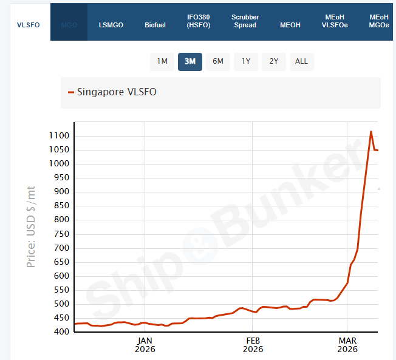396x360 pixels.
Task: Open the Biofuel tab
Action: click(155, 25)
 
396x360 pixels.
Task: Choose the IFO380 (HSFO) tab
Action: click(199, 21)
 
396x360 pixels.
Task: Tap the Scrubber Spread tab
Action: click(245, 21)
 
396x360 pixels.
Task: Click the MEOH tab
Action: click(290, 25)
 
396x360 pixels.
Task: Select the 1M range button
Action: click(162, 61)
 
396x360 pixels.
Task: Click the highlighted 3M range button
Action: click(190, 61)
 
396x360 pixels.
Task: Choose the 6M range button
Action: click(218, 61)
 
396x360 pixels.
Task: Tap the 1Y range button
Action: click(246, 61)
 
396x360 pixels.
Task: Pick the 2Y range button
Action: click(274, 61)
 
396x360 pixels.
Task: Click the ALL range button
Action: click(301, 61)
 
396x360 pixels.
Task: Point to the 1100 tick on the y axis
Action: click(60, 135)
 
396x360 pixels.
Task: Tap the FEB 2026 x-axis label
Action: click(253, 345)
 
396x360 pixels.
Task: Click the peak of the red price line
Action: click(371, 131)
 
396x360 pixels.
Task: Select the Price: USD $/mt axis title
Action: click(31, 227)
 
